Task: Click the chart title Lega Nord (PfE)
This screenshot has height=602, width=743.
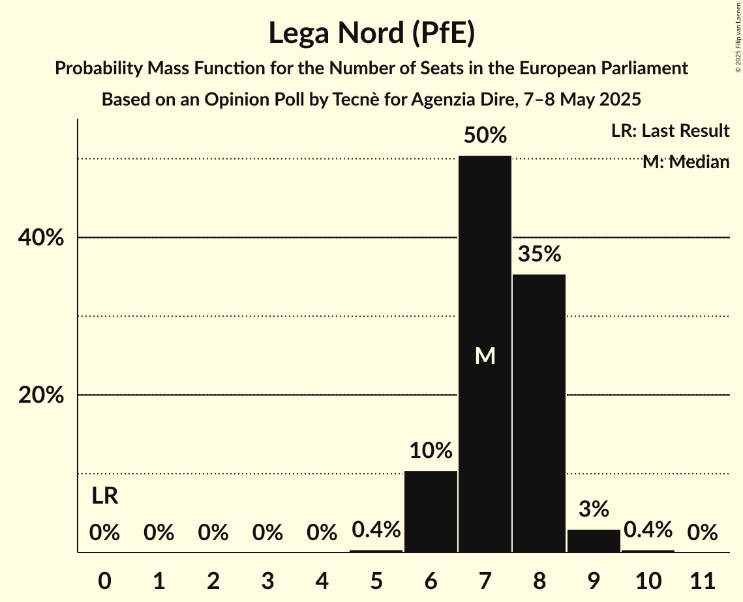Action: (x=371, y=33)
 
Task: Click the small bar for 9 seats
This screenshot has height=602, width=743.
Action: (x=594, y=541)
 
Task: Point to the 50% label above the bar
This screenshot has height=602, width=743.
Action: (x=485, y=136)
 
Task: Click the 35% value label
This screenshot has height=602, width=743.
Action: (x=539, y=254)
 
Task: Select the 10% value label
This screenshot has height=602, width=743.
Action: (x=431, y=450)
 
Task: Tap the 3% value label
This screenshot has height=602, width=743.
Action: (x=594, y=509)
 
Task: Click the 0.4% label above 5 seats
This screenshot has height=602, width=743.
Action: (x=376, y=530)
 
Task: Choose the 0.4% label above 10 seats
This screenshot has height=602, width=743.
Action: (x=648, y=530)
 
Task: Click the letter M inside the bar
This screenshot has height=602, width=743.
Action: (x=485, y=356)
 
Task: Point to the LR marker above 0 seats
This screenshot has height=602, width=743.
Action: (x=104, y=496)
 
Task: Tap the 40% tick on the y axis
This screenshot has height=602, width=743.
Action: (x=41, y=238)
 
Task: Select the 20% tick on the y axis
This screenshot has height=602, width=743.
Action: (x=41, y=395)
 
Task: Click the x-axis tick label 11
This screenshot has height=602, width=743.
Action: (x=703, y=579)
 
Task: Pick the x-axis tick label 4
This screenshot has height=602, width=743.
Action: (x=322, y=579)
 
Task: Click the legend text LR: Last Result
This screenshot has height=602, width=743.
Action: (x=670, y=131)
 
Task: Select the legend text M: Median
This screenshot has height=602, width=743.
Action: (x=686, y=162)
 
